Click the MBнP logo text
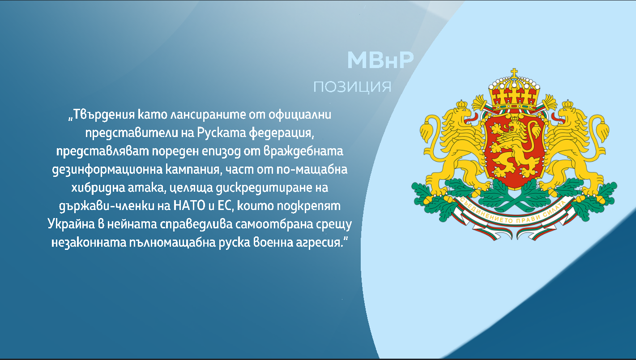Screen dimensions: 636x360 (x=380, y=60)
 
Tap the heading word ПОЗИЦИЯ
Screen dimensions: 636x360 (x=352, y=87)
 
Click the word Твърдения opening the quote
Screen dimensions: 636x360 (x=104, y=115)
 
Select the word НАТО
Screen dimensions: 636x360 (x=189, y=206)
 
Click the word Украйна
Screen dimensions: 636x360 (x=71, y=224)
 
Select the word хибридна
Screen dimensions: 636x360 (x=98, y=188)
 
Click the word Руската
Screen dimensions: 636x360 (x=222, y=133)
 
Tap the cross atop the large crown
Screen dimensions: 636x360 (x=514, y=73)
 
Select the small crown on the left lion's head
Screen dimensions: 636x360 (x=461, y=104)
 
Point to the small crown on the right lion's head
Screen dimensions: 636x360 (x=568, y=104)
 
